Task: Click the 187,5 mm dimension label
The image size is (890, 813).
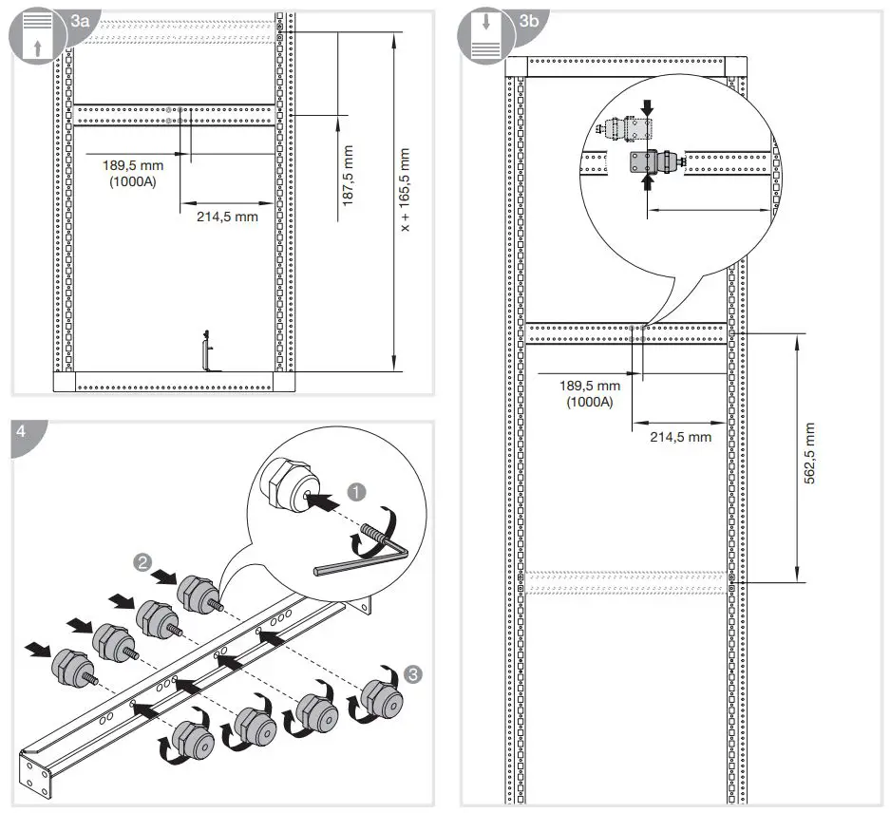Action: (349, 177)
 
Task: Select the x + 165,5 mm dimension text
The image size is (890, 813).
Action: (406, 190)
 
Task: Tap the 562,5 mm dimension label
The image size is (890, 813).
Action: (809, 454)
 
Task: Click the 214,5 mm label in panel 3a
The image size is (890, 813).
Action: (227, 217)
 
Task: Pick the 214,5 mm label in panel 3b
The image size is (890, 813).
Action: (679, 437)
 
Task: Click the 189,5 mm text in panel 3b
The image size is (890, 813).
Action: (589, 386)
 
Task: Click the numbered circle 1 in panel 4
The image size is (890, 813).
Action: (356, 492)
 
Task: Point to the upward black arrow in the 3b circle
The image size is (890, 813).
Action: (648, 182)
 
